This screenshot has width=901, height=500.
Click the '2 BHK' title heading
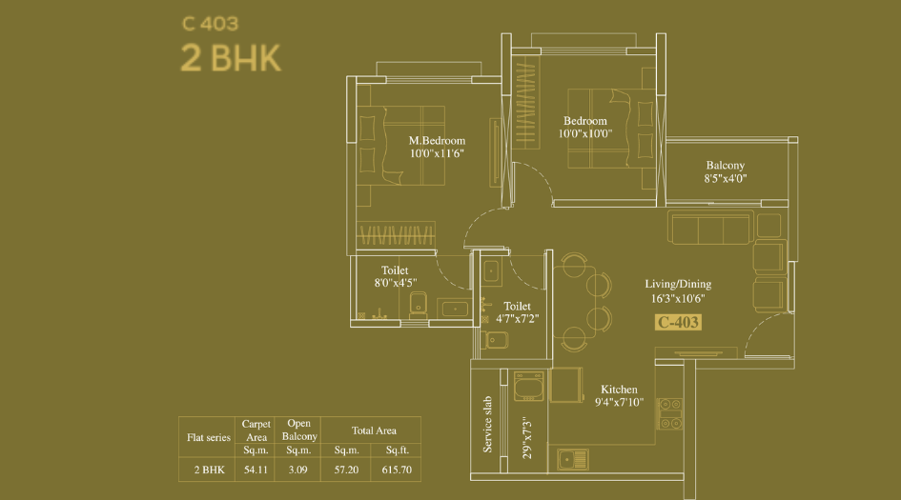click(x=232, y=58)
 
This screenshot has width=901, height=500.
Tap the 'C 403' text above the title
click(x=210, y=24)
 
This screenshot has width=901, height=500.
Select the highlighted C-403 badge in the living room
click(x=679, y=322)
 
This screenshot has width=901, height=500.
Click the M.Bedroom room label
click(x=437, y=141)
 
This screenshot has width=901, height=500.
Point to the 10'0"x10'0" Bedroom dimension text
click(x=585, y=134)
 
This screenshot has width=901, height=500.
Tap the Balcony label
click(x=726, y=165)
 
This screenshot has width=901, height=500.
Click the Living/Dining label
click(x=678, y=284)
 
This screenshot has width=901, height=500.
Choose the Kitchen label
click(x=619, y=390)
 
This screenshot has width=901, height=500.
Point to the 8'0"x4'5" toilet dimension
click(x=395, y=283)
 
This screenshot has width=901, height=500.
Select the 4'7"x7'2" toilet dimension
click(x=518, y=319)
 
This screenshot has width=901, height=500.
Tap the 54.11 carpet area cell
click(x=256, y=470)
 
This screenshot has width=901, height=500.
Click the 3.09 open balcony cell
click(x=299, y=470)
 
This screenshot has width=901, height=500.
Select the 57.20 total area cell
click(x=346, y=470)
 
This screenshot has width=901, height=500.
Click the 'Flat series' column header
click(x=209, y=438)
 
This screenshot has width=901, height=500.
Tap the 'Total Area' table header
click(x=374, y=430)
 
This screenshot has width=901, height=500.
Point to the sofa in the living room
click(x=710, y=229)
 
